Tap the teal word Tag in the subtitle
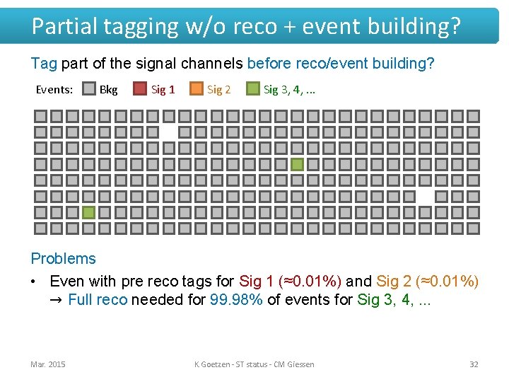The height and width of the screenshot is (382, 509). click(44, 64)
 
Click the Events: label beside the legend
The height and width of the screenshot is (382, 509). click(54, 90)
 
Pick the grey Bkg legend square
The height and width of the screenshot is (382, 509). click(88, 89)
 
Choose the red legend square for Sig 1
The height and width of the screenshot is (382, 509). click(140, 89)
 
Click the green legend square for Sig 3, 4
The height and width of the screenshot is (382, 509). click(252, 89)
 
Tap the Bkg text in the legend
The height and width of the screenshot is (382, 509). click(108, 90)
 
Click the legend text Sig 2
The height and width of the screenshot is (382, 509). click(218, 90)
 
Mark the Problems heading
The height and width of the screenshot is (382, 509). click(63, 259)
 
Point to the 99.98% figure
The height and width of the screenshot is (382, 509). click(237, 300)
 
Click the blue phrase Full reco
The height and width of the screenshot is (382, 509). click(98, 300)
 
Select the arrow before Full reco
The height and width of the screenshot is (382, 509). click(57, 300)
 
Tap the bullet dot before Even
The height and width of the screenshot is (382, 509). click(34, 282)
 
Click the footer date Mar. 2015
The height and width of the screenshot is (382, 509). click(48, 364)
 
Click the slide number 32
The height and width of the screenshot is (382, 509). click(474, 364)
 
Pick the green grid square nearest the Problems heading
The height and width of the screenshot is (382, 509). click(88, 212)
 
